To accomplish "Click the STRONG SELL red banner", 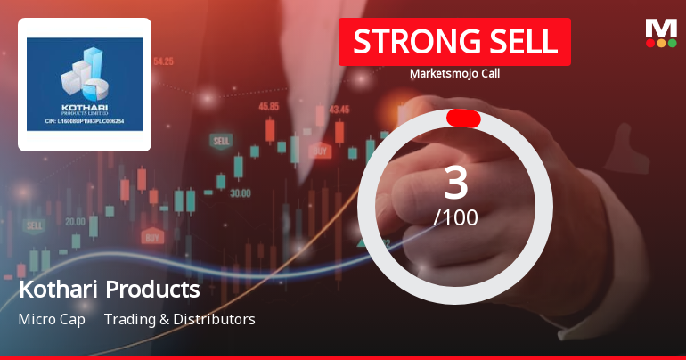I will click(454, 42).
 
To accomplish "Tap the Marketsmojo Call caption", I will click(454, 74).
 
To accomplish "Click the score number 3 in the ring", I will click(455, 182).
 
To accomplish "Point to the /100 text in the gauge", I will click(455, 217).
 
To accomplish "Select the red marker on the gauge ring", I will click(463, 119).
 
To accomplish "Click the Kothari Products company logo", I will click(85, 85).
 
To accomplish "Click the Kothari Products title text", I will click(110, 290).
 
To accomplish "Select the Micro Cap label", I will click(52, 319).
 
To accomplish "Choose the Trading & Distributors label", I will click(179, 319).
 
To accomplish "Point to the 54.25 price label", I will click(163, 61).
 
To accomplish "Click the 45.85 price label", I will click(268, 106).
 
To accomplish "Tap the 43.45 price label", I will click(339, 110).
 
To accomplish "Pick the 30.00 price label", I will click(240, 192).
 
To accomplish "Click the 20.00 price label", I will click(76, 221).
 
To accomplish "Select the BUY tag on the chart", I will click(152, 238).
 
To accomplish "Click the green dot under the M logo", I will click(672, 43).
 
